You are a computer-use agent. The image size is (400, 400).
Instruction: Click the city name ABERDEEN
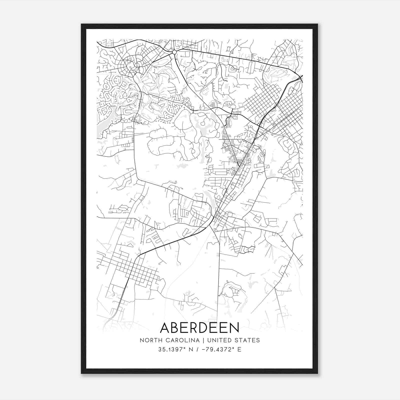[x=199, y=327]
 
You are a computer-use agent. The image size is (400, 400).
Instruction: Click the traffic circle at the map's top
[x=174, y=52]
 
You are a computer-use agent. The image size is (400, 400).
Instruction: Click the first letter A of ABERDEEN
[x=166, y=327]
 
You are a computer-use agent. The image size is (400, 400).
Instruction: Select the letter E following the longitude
[x=239, y=349]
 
